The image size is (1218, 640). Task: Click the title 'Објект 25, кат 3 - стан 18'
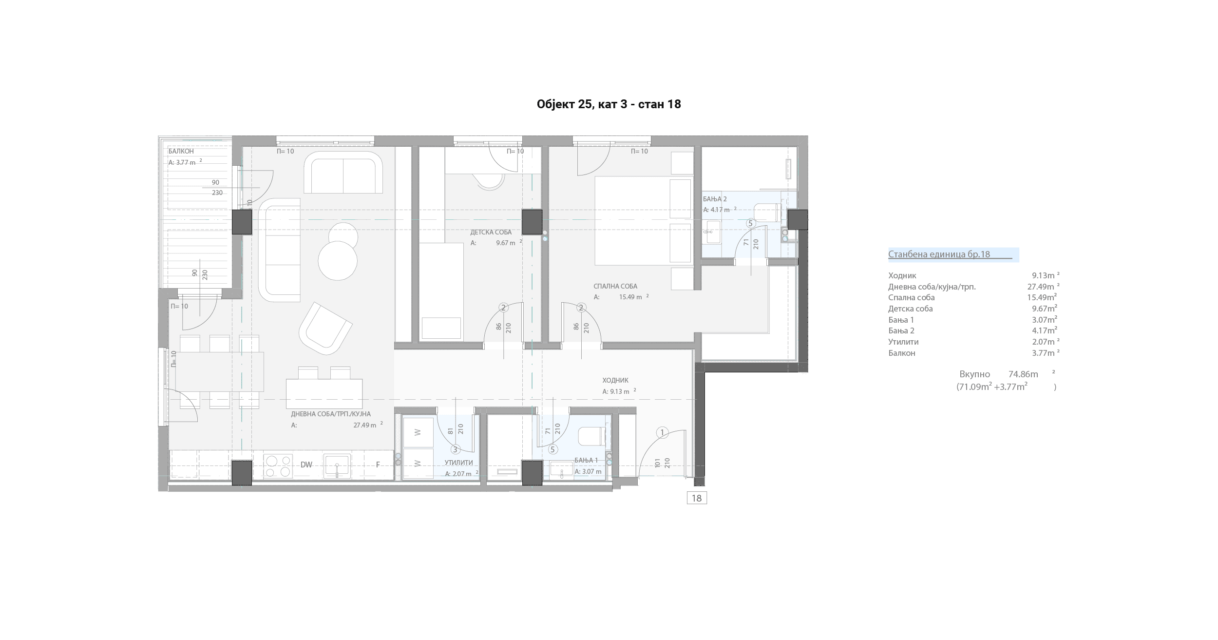point(609,104)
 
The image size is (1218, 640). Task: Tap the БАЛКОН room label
point(181,152)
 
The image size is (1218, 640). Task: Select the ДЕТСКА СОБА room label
point(491,233)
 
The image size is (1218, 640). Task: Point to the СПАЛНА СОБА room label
point(615,287)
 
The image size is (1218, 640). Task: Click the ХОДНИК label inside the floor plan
point(615,380)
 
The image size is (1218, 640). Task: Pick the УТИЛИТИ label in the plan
point(458,463)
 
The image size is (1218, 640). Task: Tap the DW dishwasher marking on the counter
point(306,465)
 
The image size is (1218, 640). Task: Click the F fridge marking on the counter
point(378,465)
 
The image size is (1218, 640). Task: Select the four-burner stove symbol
point(278,466)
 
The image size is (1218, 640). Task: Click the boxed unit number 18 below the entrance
point(697,498)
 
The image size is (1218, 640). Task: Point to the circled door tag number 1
point(662,432)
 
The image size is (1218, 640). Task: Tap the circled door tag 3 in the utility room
point(456,449)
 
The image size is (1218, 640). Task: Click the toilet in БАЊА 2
point(767,213)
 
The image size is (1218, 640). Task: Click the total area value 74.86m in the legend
point(1023,374)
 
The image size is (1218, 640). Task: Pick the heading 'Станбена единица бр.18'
point(939,254)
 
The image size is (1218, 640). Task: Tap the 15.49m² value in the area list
point(1042,297)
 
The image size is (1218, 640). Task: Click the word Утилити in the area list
point(903,342)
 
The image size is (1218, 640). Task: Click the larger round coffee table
point(338,261)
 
